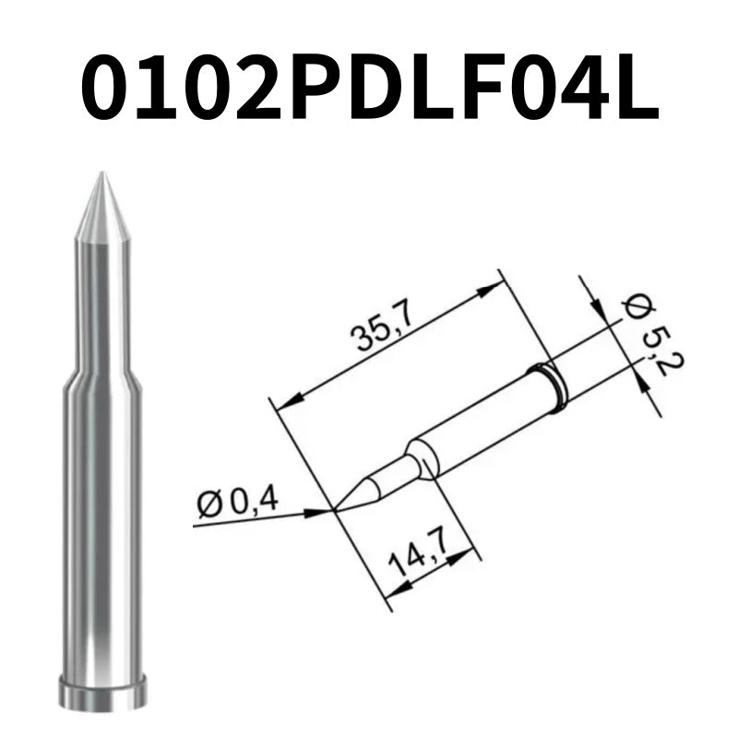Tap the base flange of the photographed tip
(x=101, y=690)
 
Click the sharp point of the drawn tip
(x=334, y=509)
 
